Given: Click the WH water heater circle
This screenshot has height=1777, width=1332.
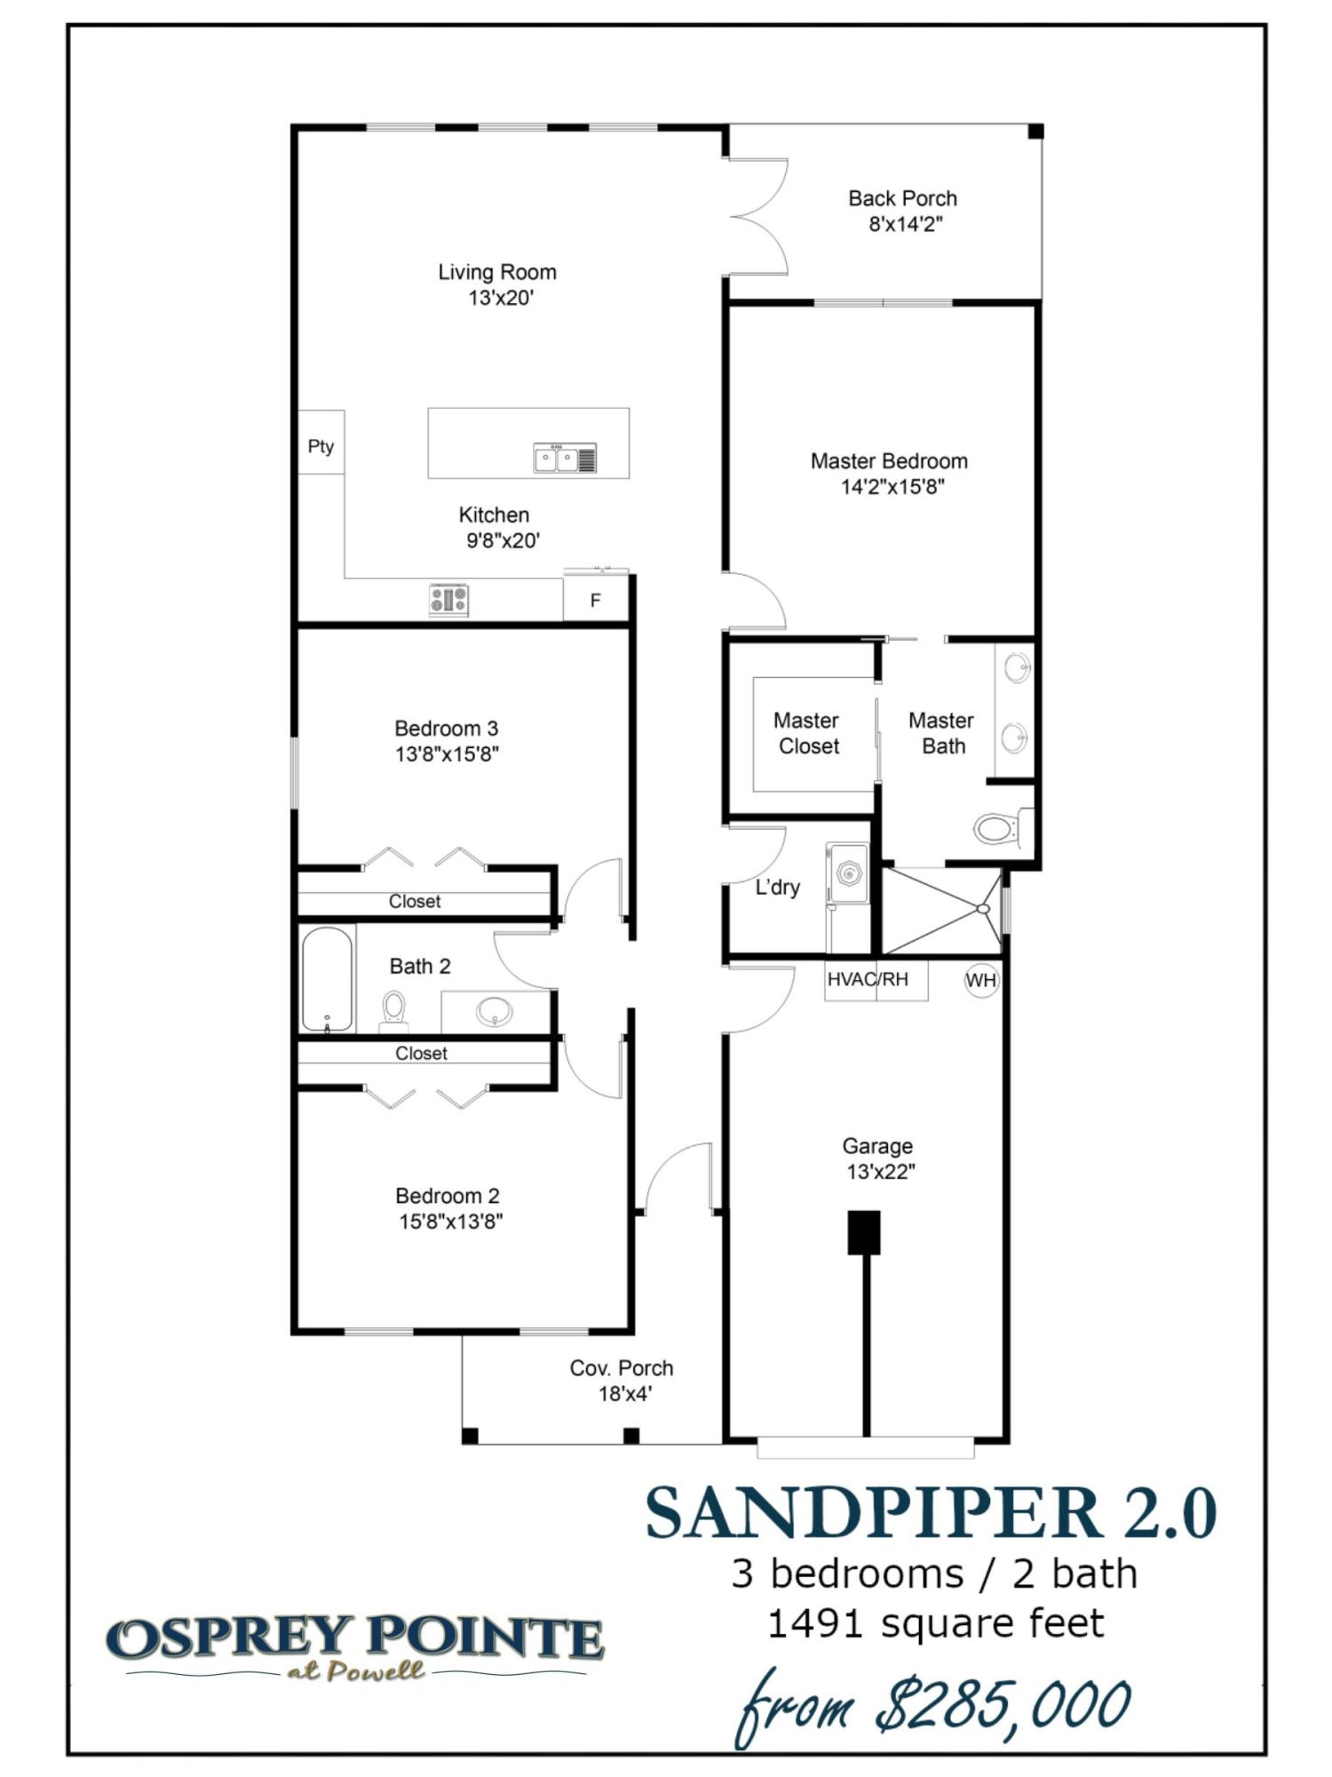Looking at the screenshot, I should [x=981, y=980].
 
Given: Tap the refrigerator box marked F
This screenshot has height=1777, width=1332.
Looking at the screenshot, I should [x=596, y=601].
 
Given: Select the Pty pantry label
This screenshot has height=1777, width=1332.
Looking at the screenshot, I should [x=321, y=446].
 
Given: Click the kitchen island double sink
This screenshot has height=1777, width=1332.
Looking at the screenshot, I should [x=565, y=458].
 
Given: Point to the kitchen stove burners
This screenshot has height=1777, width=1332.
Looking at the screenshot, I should [x=448, y=600].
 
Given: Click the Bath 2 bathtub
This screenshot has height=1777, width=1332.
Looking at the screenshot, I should [x=327, y=979].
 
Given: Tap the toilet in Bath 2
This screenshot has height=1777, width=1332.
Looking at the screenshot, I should [x=393, y=1010].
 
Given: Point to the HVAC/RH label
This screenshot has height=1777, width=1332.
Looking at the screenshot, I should [x=868, y=979].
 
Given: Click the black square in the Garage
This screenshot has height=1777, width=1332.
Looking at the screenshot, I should [x=863, y=1232].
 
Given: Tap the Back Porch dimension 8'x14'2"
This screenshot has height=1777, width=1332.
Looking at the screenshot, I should [x=905, y=224].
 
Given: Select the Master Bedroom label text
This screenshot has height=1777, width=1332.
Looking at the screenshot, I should [x=889, y=461].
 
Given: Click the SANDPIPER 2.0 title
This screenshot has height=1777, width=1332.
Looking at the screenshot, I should [x=931, y=1513].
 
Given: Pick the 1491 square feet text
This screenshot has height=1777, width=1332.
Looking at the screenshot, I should [x=935, y=1624].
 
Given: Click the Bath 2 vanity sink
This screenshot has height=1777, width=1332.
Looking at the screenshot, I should [x=494, y=1010].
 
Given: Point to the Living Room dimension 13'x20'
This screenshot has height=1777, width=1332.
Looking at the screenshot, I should [x=501, y=298].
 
